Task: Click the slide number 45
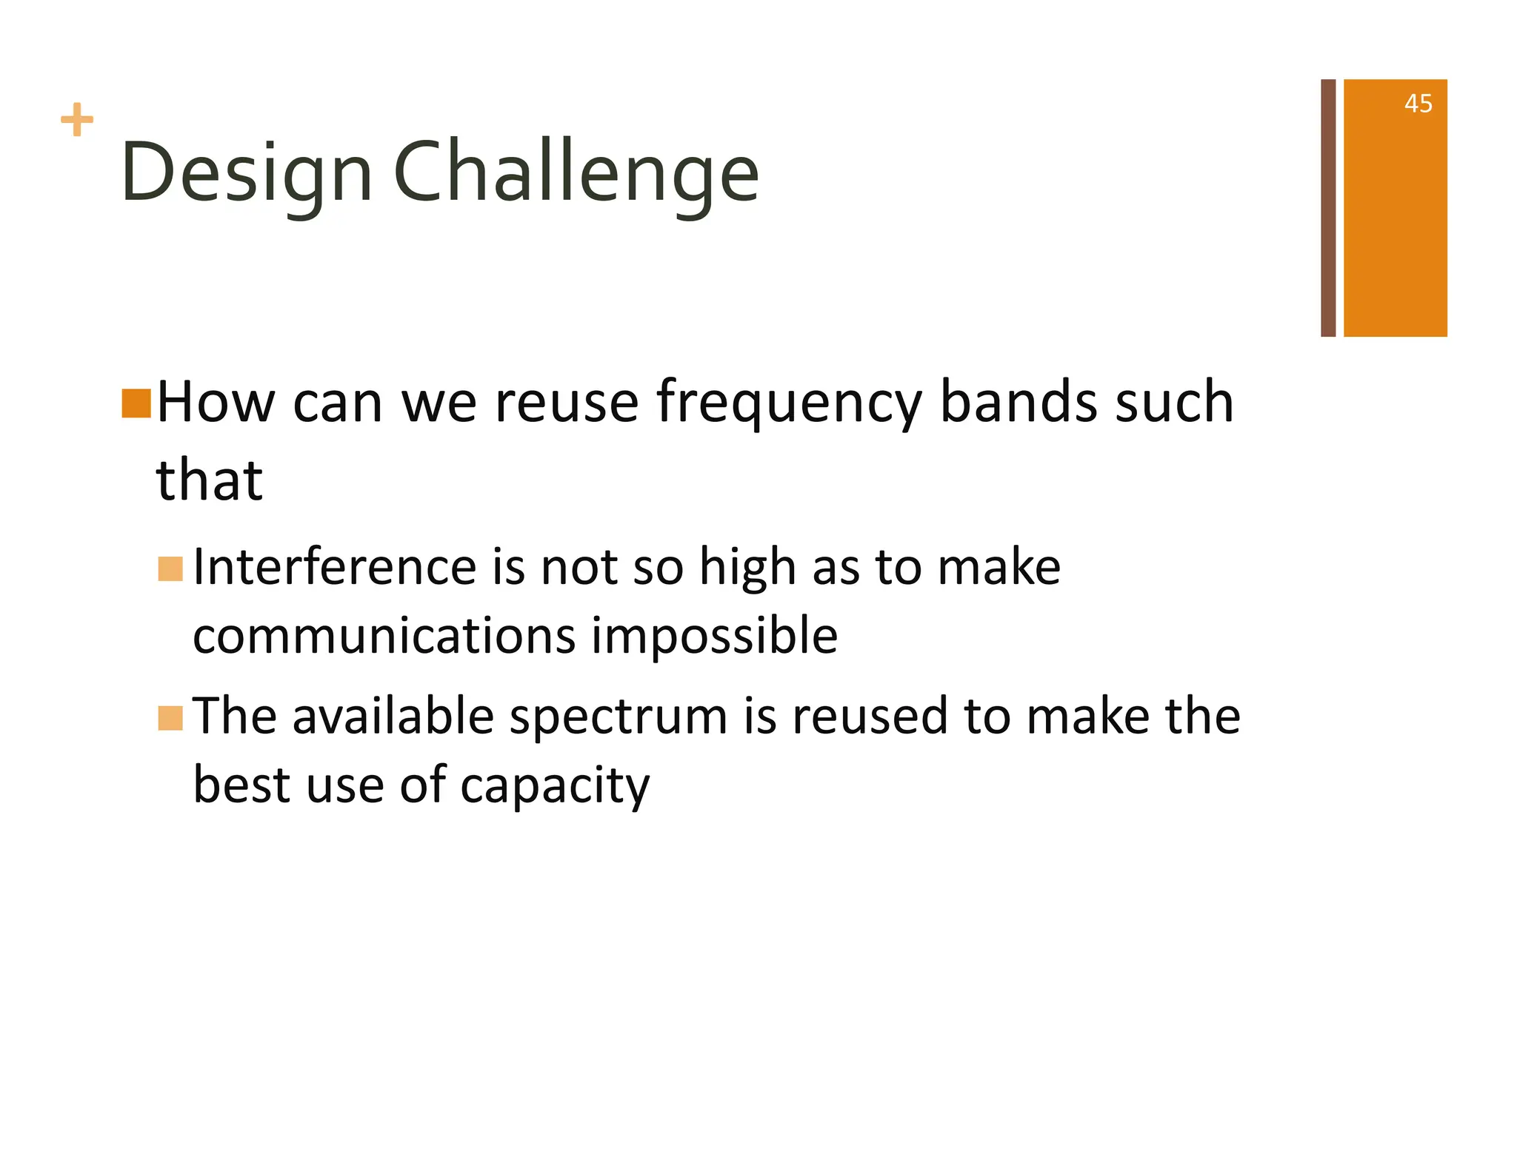tap(1418, 104)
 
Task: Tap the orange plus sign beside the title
tap(77, 120)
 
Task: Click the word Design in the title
tap(247, 174)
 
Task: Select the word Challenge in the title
tap(576, 174)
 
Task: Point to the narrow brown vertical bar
tap(1328, 207)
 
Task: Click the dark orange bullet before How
tap(136, 403)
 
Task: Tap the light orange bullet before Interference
tap(170, 569)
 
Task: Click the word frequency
tap(789, 403)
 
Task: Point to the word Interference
tap(333, 568)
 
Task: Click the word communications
tap(384, 637)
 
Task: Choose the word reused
tap(870, 717)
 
